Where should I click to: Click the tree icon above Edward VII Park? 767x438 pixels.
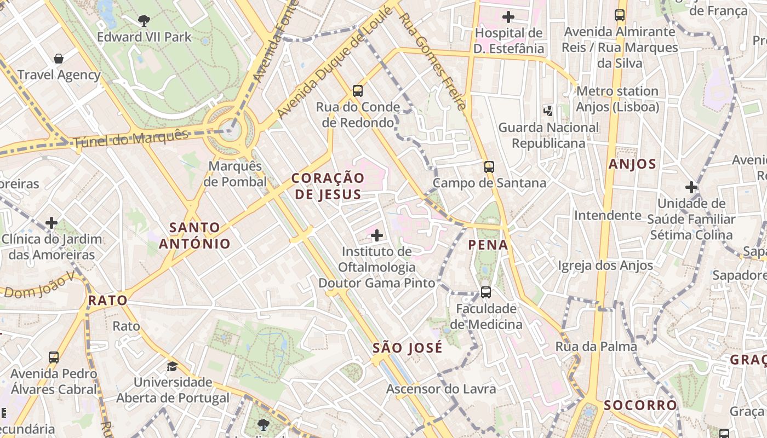pos(144,21)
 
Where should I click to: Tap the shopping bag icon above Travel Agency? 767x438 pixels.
pos(59,59)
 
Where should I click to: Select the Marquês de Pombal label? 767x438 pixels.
pos(235,174)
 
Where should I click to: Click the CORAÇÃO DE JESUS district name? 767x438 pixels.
pos(328,186)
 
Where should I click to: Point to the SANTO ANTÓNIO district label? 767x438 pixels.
pos(194,235)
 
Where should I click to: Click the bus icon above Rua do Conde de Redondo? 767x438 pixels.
pos(358,90)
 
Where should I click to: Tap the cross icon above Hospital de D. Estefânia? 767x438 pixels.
pos(508,17)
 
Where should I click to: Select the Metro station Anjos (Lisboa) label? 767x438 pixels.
pos(617,99)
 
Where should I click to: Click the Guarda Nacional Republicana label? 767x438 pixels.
pos(548,135)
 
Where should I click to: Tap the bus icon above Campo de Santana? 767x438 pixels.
pos(489,167)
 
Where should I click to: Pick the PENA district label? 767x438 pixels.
pos(488,245)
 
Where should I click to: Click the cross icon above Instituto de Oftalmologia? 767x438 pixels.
pos(377,236)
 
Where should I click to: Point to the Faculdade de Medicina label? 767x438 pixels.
pos(486,316)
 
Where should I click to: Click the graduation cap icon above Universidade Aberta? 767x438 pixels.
pos(173,366)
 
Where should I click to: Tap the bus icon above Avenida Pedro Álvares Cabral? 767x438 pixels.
pos(54,358)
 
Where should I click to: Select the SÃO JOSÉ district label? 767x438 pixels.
pos(408,348)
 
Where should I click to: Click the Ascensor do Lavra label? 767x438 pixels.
pos(441,389)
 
